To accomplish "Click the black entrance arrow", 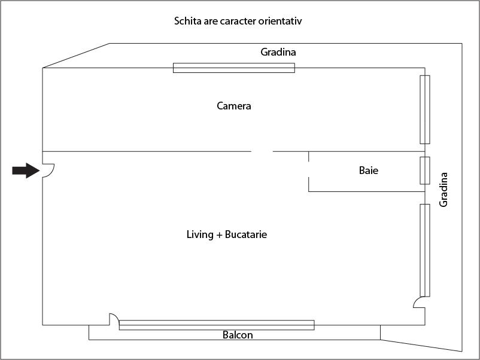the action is pyautogui.click(x=26, y=170).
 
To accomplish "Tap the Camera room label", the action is pyautogui.click(x=234, y=106).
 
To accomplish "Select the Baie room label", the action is pyautogui.click(x=369, y=170).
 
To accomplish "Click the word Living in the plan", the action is pyautogui.click(x=200, y=234).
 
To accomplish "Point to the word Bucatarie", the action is pyautogui.click(x=246, y=234).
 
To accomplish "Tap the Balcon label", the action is pyautogui.click(x=238, y=335).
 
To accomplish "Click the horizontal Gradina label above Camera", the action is pyautogui.click(x=278, y=52).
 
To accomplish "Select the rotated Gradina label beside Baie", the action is pyautogui.click(x=443, y=190).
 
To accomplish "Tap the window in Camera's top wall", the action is pyautogui.click(x=234, y=68).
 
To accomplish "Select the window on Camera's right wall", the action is pyautogui.click(x=425, y=109).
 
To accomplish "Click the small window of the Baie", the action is pyautogui.click(x=425, y=170).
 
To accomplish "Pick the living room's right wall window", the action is pyautogui.click(x=425, y=251).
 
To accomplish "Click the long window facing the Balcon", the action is pyautogui.click(x=217, y=325).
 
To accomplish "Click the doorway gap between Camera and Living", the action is pyautogui.click(x=262, y=151).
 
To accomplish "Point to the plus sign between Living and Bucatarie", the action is pyautogui.click(x=219, y=235).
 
